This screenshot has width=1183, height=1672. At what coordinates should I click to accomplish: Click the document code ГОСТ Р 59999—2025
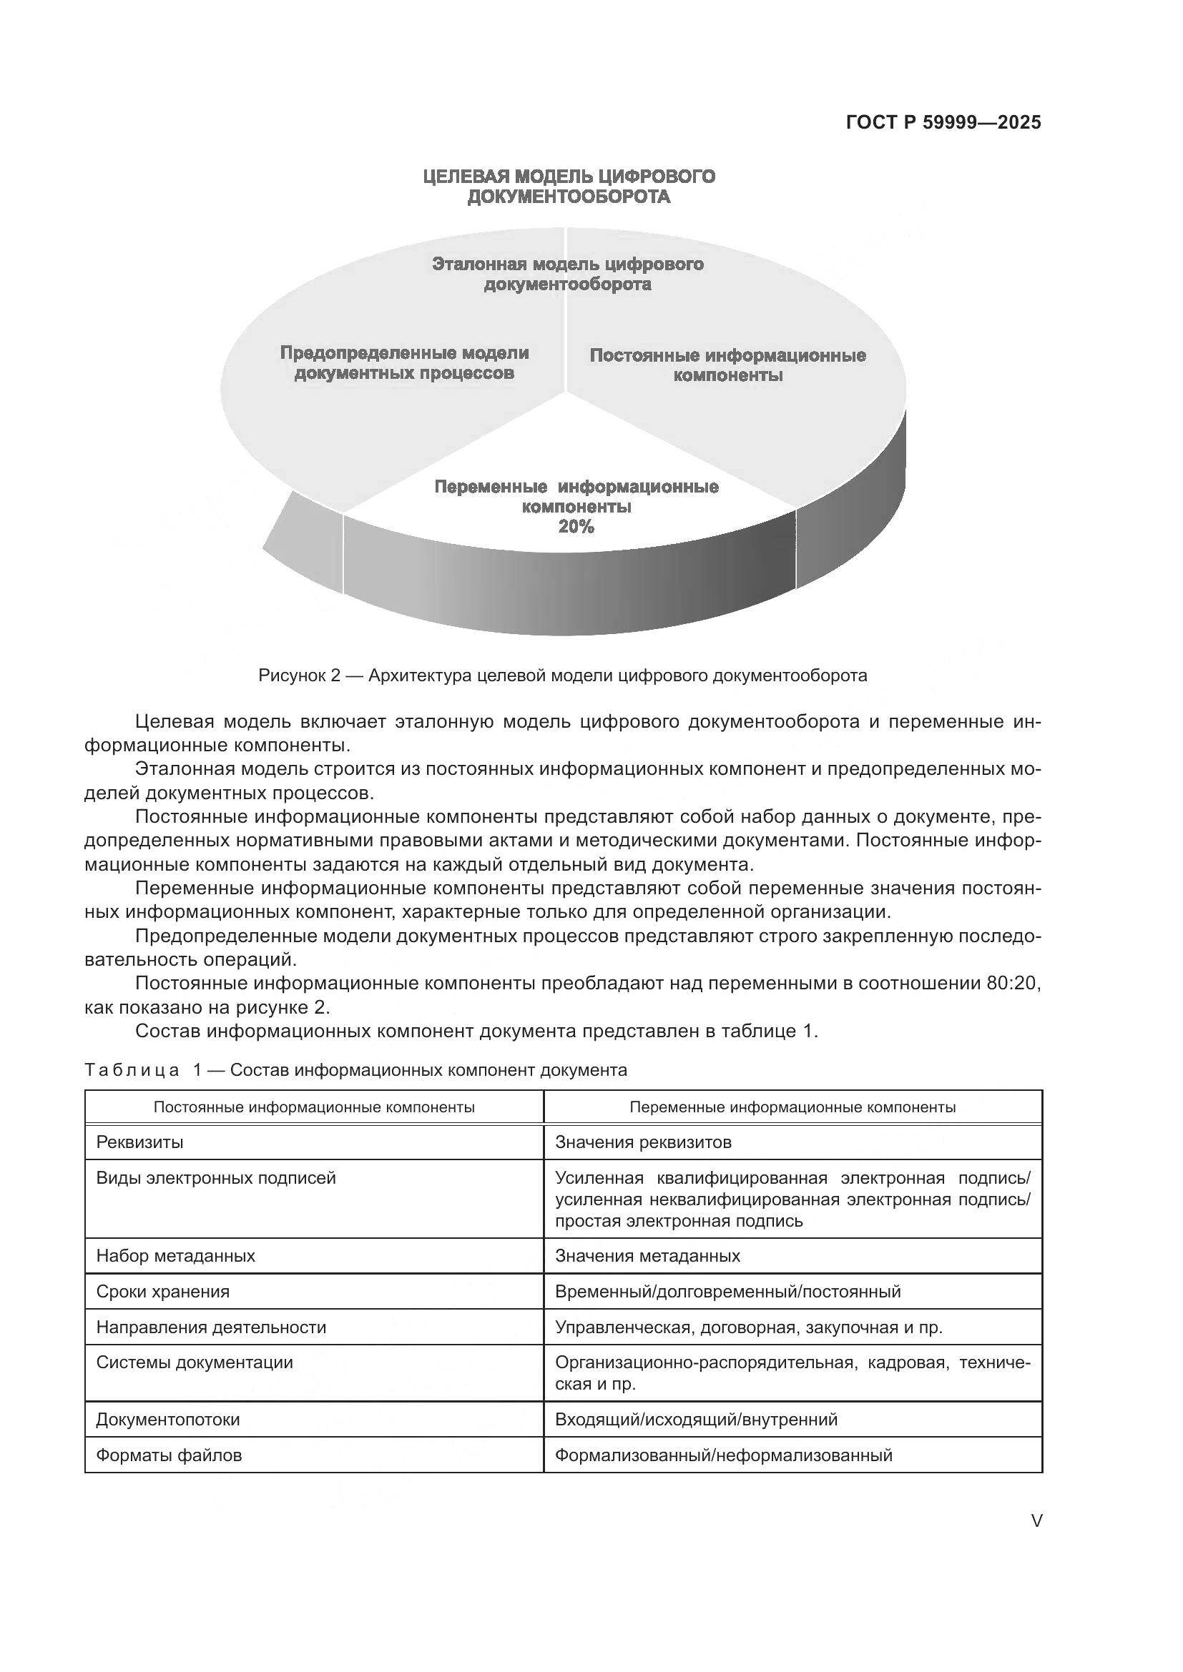pos(943,122)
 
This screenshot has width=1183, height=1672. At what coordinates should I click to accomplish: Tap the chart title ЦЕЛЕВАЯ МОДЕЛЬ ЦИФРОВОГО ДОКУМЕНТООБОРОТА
pos(568,187)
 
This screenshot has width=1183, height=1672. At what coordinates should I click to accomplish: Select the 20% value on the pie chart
pos(576,528)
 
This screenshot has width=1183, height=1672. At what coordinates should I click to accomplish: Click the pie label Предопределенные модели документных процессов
pos(404,362)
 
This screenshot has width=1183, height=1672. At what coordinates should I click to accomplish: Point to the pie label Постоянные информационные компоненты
pos(727,365)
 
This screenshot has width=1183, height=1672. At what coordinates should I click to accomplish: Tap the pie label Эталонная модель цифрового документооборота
pos(567,274)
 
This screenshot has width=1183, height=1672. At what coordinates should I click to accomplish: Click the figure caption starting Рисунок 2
pos(562,675)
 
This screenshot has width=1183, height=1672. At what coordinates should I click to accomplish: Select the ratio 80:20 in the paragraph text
pos(1013,983)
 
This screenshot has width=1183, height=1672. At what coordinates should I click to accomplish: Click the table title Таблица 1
pos(355,1070)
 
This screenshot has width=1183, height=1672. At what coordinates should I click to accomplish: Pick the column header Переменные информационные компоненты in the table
pos(792,1107)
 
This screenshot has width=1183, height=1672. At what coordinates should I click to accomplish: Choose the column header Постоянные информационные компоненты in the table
pos(314,1107)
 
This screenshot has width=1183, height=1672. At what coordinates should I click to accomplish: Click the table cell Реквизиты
pos(140,1142)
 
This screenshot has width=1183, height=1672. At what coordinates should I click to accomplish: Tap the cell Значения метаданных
pos(647,1255)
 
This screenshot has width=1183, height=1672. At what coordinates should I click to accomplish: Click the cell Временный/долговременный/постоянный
pos(727,1291)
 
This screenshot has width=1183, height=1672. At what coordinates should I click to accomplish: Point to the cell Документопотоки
pos(167,1420)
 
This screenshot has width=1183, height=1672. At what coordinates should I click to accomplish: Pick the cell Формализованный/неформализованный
pos(722,1455)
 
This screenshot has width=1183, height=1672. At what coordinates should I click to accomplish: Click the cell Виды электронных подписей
pos(215,1177)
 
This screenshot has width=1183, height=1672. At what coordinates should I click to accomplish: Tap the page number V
pos(1036,1520)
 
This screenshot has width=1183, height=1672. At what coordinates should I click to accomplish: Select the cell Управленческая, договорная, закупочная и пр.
pos(748,1327)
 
